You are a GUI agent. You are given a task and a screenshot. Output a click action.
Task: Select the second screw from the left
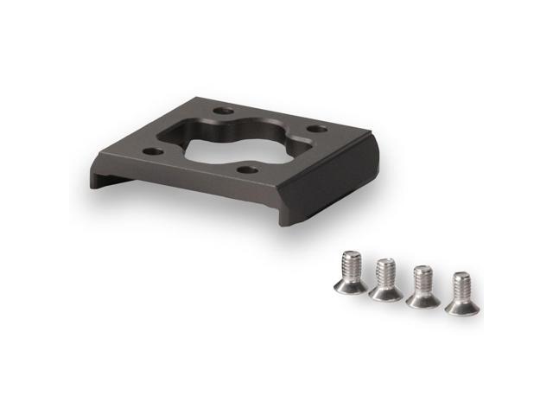click(385, 278)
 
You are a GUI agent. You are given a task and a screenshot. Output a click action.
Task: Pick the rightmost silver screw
click(461, 292)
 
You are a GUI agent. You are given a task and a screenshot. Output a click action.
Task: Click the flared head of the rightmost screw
click(460, 306)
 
